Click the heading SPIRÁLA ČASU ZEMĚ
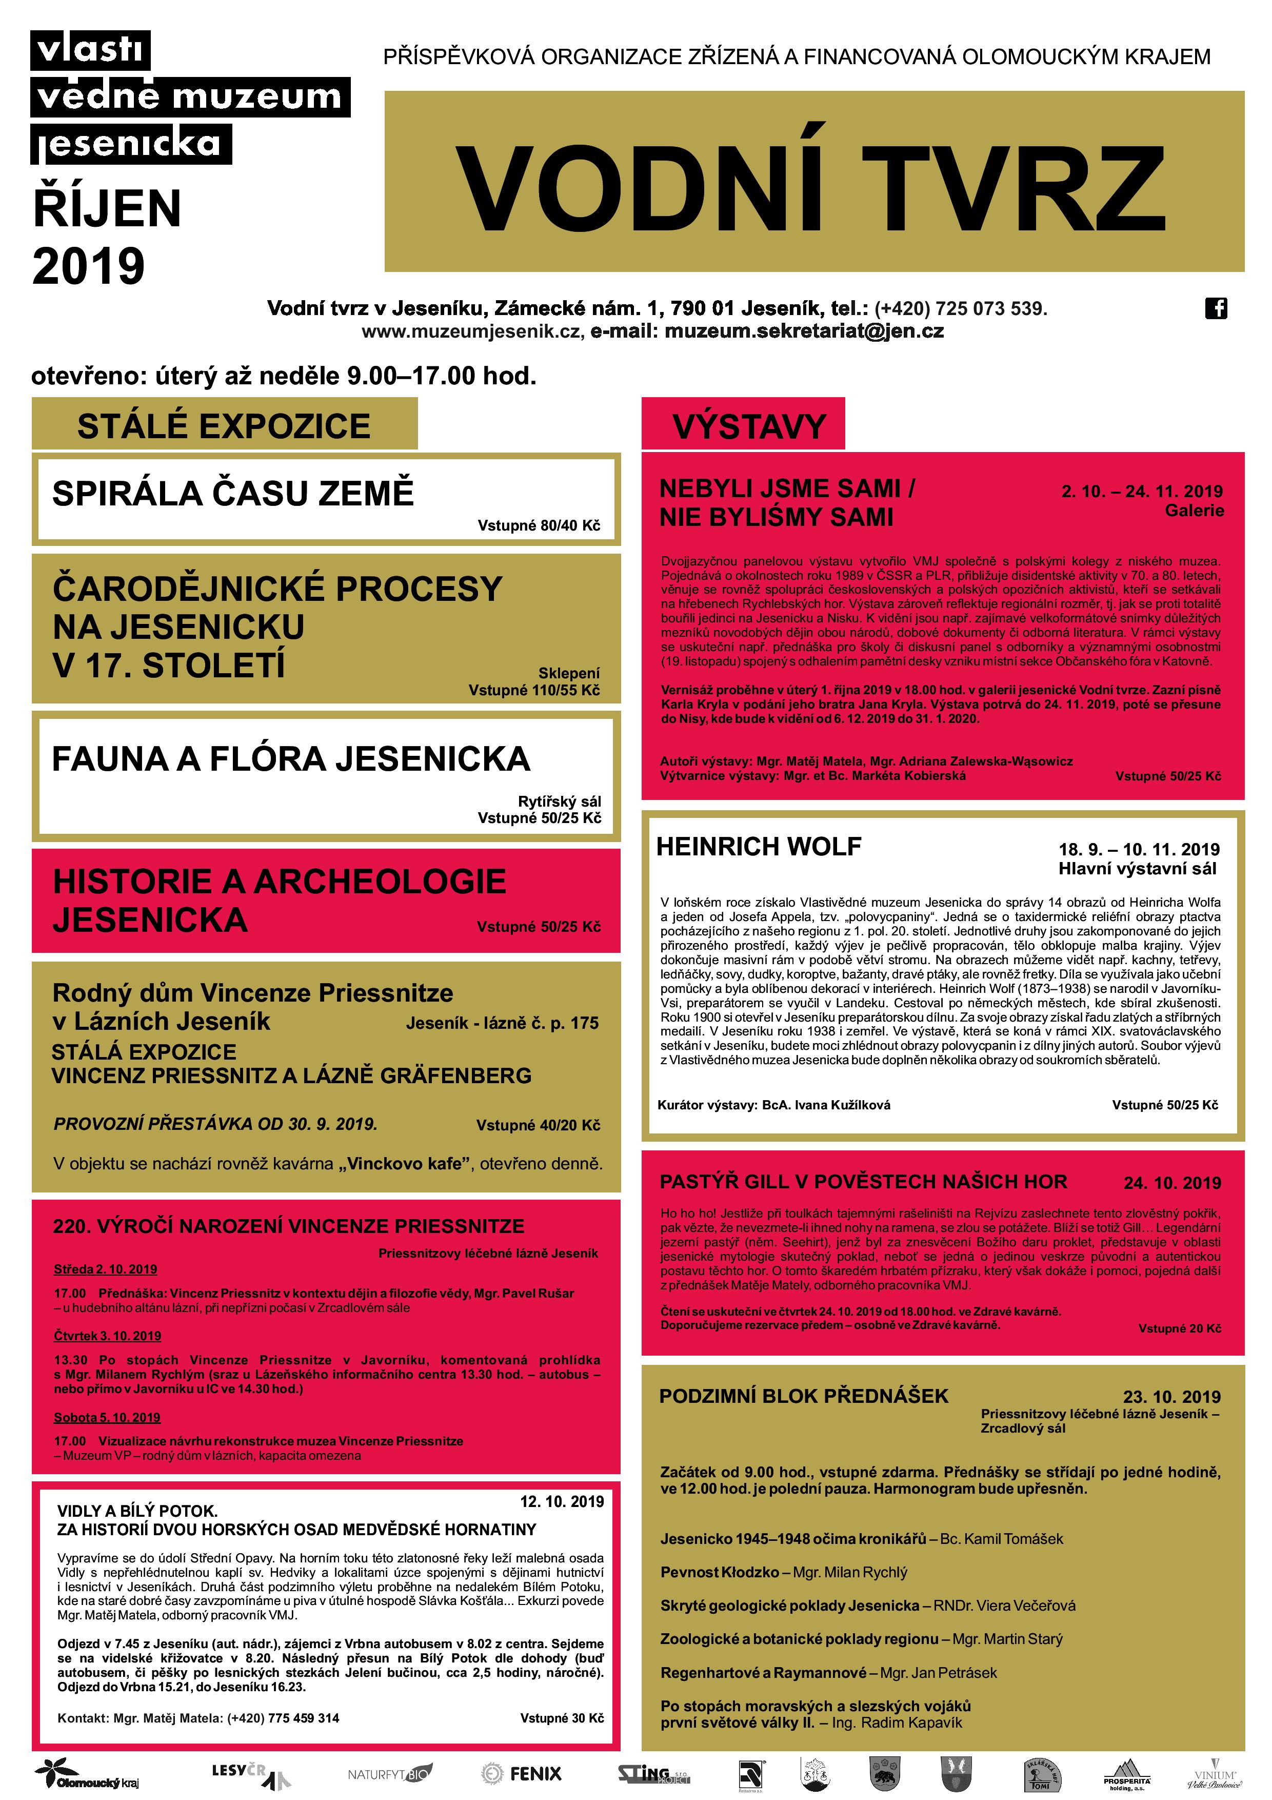coord(233,493)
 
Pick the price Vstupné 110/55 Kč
coord(534,690)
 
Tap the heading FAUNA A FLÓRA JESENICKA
coord(291,758)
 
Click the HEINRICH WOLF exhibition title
coord(758,846)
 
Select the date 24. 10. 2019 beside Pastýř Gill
coord(1171,1183)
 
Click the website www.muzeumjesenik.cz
coord(472,331)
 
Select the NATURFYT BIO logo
coord(389,1773)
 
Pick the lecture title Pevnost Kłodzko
coord(720,1588)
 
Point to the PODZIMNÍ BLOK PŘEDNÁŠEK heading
coord(803,1396)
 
